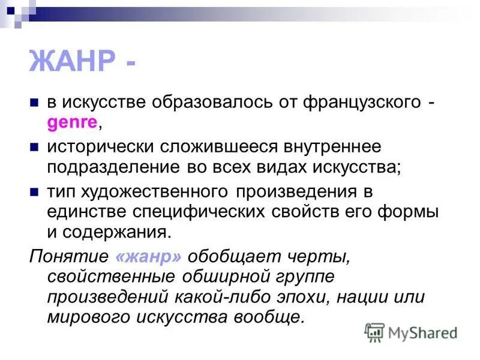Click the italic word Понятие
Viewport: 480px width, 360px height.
click(x=68, y=256)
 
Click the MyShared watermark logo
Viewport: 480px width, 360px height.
click(x=412, y=331)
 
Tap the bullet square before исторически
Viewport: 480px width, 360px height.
click(x=35, y=146)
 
